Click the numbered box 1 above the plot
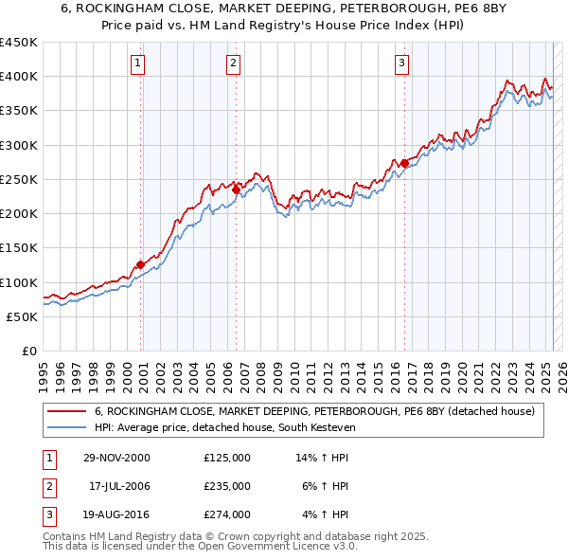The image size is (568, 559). click(x=138, y=63)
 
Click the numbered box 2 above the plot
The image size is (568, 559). click(x=233, y=63)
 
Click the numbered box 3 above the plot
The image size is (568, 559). click(x=401, y=63)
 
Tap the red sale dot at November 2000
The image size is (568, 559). click(x=141, y=265)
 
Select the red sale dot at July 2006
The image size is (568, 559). click(x=236, y=189)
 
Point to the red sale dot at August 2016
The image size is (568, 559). click(x=404, y=163)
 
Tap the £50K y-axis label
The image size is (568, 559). click(x=22, y=316)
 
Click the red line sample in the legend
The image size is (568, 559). click(x=66, y=411)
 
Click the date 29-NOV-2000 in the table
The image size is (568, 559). click(x=117, y=458)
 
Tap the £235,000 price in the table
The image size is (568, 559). click(x=227, y=486)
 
